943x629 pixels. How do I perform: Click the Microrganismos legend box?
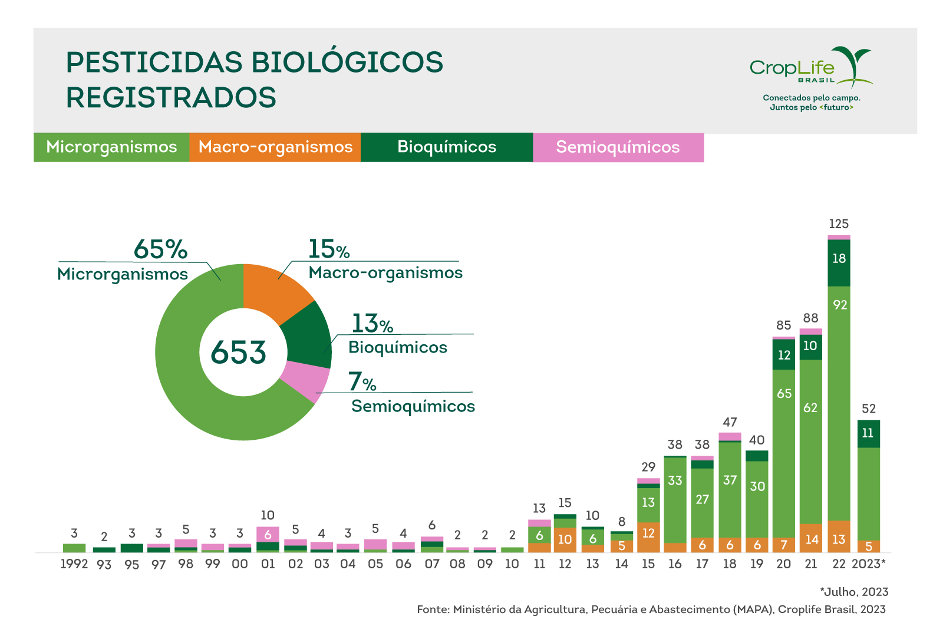111,147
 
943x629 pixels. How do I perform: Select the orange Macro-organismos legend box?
275,147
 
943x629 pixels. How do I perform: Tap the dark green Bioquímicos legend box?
447,147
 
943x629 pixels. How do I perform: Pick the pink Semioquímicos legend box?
618,147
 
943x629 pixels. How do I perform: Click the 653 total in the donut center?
239,353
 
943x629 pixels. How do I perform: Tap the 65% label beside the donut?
160,249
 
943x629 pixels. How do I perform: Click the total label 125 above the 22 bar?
839,224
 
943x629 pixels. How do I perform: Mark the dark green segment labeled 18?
839,259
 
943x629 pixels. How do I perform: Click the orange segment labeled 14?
812,539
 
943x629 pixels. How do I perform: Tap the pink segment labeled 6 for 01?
268,534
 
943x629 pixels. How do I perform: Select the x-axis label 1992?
74,564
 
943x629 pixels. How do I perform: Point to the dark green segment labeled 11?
868,433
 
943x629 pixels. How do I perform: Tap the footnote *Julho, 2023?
854,592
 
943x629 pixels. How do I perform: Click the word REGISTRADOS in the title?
171,98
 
